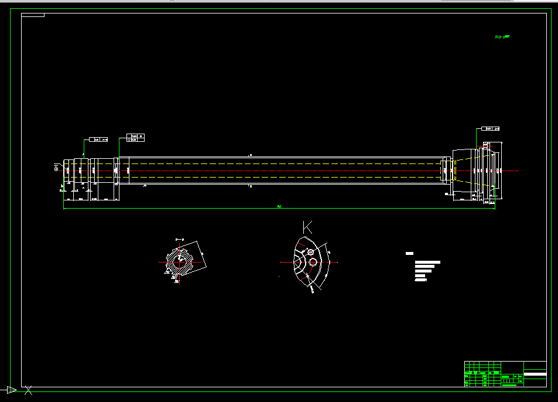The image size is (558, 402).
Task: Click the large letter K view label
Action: tap(307, 226)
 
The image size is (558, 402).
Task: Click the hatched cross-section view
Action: tap(179, 263)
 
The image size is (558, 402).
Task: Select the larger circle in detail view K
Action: tap(313, 262)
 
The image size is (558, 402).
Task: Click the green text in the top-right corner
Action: tap(502, 37)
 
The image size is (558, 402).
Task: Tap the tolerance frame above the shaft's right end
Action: tap(491, 128)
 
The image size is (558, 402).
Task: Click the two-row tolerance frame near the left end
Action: tap(135, 137)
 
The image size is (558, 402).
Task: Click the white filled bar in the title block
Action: tap(535, 374)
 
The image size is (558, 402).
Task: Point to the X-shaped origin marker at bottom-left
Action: tap(27, 390)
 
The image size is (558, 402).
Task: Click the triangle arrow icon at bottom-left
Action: tap(11, 390)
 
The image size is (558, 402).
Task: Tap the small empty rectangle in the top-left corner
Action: tap(33, 15)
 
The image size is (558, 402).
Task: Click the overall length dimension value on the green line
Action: tap(279, 206)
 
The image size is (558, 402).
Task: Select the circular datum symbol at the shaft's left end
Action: tap(56, 168)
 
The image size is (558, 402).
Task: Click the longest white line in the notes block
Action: tap(427, 262)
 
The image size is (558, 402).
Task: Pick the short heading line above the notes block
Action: tap(409, 253)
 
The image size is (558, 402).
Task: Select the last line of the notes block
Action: tap(420, 280)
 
